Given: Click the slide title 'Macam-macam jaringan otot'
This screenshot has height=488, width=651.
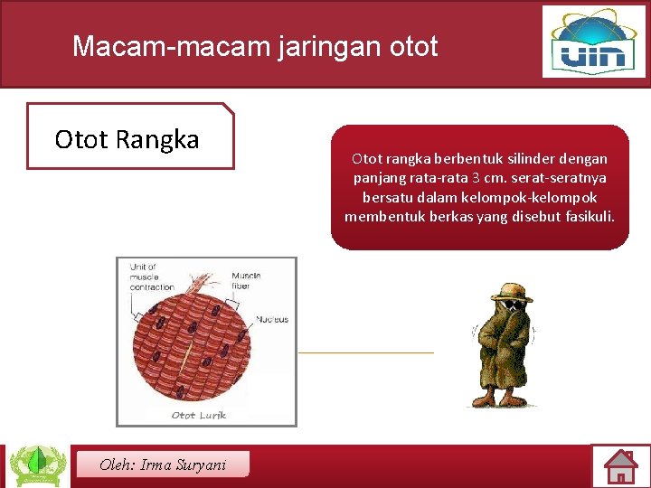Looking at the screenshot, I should click(x=255, y=46).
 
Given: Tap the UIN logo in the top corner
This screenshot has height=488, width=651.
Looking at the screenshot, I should click(x=594, y=42).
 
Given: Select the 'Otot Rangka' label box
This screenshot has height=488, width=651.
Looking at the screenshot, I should click(x=128, y=138).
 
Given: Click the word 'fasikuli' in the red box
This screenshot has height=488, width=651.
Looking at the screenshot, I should click(x=588, y=217).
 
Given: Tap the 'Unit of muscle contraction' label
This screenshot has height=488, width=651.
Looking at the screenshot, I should click(x=152, y=277).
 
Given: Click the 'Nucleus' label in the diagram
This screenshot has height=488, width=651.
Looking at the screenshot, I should click(x=272, y=319).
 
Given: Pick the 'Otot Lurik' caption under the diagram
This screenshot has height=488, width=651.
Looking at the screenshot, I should click(x=199, y=415).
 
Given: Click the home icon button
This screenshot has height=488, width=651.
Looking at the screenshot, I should click(x=620, y=466).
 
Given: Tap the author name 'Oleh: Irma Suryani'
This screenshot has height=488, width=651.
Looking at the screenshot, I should click(x=162, y=465).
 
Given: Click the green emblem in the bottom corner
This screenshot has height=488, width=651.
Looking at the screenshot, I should click(x=37, y=465).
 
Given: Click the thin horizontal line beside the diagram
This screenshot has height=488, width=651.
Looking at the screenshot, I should click(x=365, y=352).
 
